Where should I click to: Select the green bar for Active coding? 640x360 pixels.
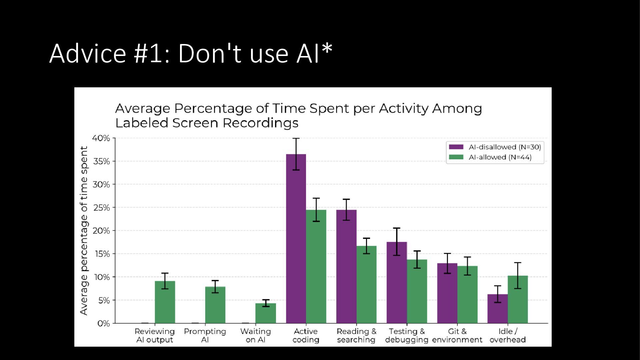coord(316,267)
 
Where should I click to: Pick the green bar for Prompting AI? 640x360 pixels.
coord(215,305)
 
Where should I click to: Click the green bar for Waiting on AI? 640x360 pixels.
coord(266,313)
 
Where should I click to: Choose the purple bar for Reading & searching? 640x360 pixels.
coord(346,267)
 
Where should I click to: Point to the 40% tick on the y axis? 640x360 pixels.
coord(101,138)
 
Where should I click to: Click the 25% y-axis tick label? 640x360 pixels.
coord(101,208)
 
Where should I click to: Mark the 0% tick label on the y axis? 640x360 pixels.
coord(103,323)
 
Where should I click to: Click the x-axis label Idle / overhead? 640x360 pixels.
coord(508,335)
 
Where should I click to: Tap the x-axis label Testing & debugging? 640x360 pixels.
coord(407,335)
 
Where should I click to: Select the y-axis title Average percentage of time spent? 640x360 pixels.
coord(84,230)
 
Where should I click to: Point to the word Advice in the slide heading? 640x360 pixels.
coord(88,53)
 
